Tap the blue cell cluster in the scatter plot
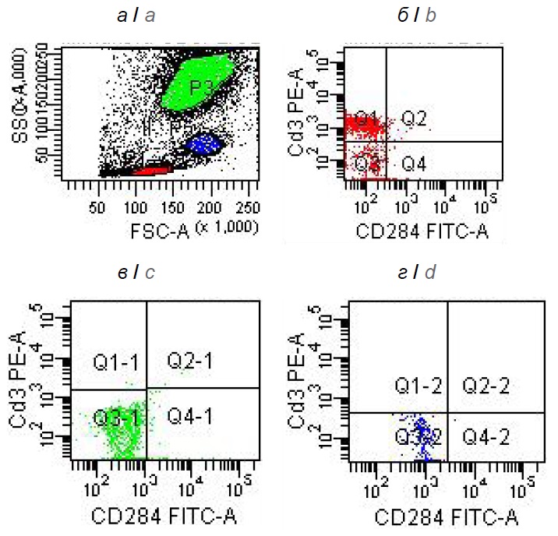point(203,143)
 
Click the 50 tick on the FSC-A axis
point(98,208)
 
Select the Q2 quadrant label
point(414,118)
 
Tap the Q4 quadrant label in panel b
point(414,164)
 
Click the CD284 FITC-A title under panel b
point(422,231)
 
